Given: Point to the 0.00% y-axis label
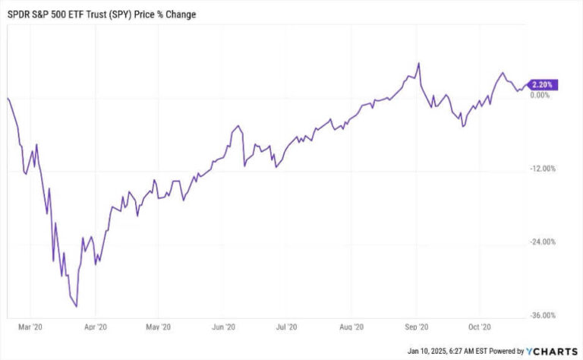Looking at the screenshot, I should pyautogui.click(x=540, y=95).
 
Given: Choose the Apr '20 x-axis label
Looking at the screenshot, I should pyautogui.click(x=95, y=327).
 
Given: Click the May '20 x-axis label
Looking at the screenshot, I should pyautogui.click(x=156, y=327).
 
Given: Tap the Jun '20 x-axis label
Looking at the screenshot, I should pyautogui.click(x=222, y=327).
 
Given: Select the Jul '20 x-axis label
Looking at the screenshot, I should pyautogui.click(x=285, y=327).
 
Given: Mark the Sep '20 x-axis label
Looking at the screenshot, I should pyautogui.click(x=416, y=327).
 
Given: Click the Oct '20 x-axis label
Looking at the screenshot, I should pyautogui.click(x=480, y=327).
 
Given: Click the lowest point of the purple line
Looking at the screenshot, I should pyautogui.click(x=77, y=307).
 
